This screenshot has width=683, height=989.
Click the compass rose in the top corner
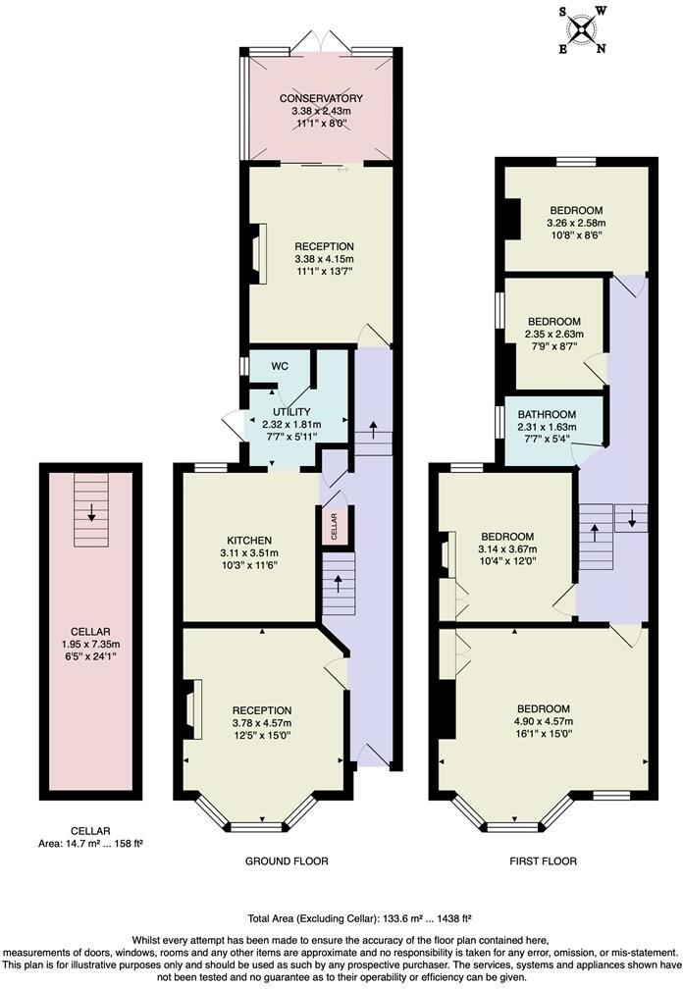point(584,28)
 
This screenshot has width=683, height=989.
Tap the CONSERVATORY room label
point(320,98)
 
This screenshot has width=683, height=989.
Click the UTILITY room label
point(291,411)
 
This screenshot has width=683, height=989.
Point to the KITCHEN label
point(249,541)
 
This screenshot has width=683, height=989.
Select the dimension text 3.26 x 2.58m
point(576,223)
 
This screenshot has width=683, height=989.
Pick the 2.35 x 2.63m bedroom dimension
point(553,334)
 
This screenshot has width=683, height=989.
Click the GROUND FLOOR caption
point(287,860)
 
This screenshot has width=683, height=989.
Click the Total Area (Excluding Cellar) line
point(359,918)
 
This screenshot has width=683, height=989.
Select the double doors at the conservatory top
point(320,41)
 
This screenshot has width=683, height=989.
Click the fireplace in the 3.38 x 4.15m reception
point(255,255)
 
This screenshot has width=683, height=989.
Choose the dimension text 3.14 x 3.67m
point(505,549)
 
